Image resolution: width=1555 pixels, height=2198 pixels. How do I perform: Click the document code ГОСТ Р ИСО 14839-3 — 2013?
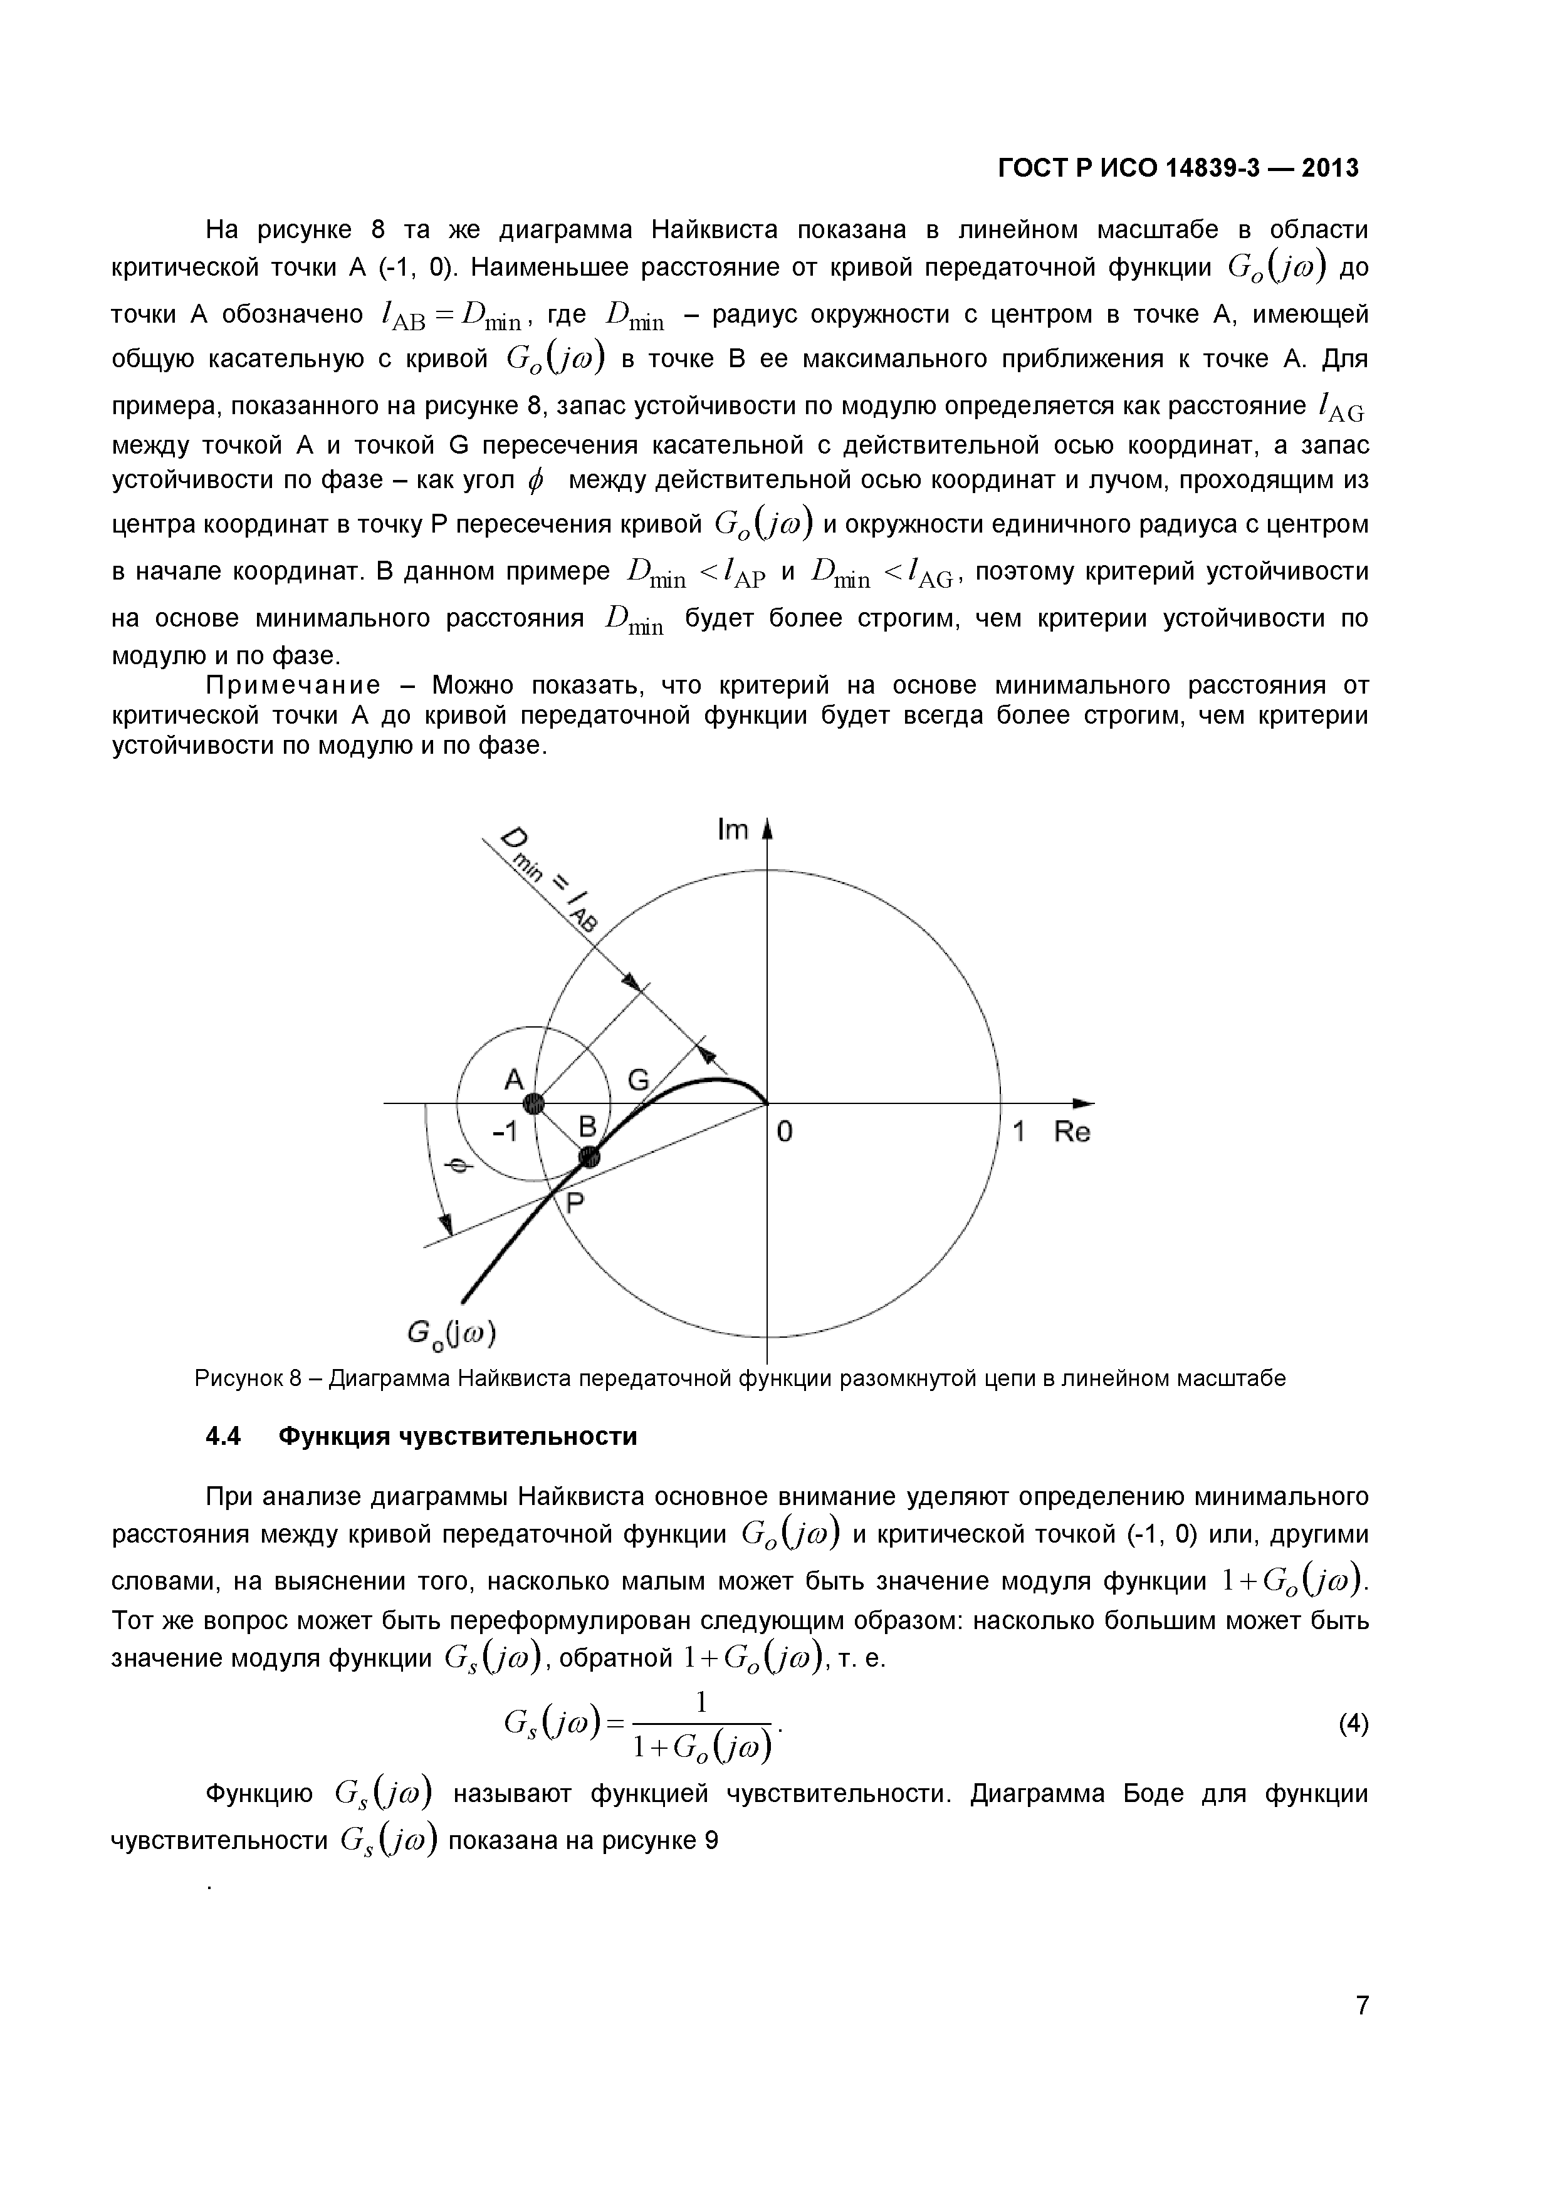pos(1178,169)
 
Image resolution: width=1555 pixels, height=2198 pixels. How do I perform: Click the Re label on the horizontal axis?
pos(1072,1132)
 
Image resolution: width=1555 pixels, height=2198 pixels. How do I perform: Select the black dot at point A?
pos(534,1104)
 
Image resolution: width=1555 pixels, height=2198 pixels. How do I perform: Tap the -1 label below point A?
pos(505,1132)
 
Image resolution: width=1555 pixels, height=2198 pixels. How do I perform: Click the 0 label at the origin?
pos(784,1132)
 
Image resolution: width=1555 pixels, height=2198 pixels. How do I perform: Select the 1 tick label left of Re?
pos(1018,1132)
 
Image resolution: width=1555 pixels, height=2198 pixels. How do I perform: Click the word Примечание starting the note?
pos(292,685)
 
